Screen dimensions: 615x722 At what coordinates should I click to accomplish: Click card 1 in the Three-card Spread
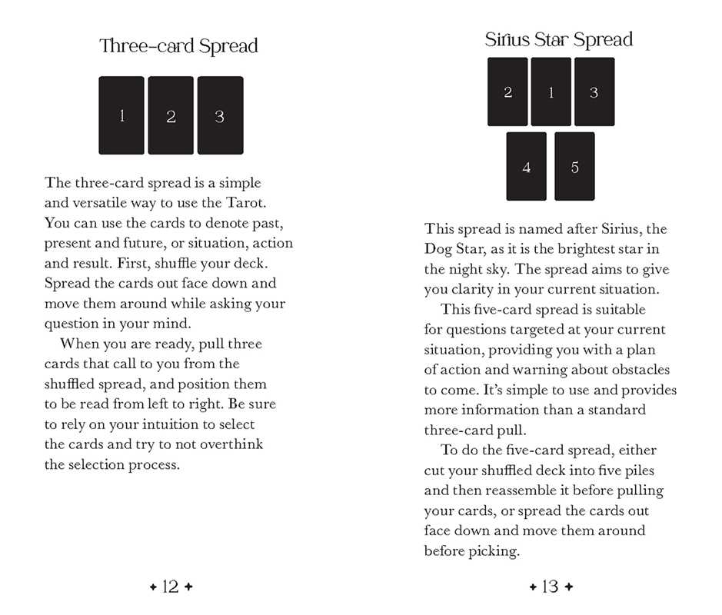121,115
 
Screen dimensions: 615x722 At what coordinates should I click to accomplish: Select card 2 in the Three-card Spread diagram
171,115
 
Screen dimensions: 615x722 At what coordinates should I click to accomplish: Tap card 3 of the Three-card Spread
220,115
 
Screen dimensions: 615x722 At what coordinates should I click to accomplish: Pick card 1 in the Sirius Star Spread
551,92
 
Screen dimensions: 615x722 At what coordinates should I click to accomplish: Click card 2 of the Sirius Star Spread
507,92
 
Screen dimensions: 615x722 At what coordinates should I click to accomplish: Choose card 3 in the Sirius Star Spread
594,92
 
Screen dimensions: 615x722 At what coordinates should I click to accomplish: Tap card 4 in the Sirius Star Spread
526,167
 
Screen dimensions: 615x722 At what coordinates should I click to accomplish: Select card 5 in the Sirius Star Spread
574,167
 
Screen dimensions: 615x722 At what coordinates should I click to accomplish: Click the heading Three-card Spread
178,46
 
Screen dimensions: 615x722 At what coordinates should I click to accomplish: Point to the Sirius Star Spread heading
559,40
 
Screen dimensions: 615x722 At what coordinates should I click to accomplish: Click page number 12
171,587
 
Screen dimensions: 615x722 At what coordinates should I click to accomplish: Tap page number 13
551,587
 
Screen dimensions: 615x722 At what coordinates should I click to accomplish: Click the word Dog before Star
438,250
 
